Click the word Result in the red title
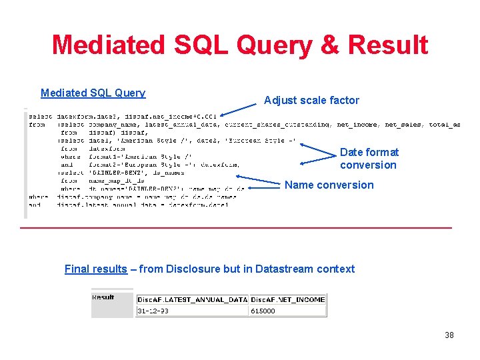click(x=388, y=45)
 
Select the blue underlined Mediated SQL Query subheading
click(x=93, y=93)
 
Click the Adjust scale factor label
click(x=311, y=101)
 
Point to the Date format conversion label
click(x=369, y=159)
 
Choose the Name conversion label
click(x=329, y=185)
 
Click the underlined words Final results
click(x=95, y=269)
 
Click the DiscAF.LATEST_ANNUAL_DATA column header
click(x=192, y=299)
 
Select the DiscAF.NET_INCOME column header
click(x=288, y=299)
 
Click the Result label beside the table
click(x=103, y=297)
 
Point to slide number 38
click(x=449, y=335)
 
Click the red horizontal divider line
click(x=236, y=228)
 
